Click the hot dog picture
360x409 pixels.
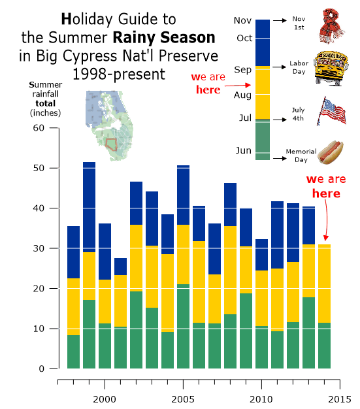coord(330,153)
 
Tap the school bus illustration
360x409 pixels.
coord(331,69)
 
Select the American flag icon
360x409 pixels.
coord(331,111)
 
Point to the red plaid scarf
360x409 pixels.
coord(331,26)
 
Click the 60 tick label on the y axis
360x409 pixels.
coord(39,128)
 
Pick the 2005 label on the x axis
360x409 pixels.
coord(183,399)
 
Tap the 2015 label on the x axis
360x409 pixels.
coord(340,399)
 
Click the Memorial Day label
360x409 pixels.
coord(301,155)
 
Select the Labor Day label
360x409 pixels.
coord(299,67)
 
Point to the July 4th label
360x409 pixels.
coord(298,114)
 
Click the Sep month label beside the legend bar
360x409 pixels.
coord(242,70)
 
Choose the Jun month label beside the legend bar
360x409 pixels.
coord(244,150)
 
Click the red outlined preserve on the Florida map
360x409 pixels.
coord(111,144)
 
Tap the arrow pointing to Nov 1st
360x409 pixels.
coord(280,20)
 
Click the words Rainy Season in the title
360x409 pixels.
coord(164,37)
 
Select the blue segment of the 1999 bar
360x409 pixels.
coord(90,207)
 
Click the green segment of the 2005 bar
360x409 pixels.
coord(184,326)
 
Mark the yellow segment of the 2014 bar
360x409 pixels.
coord(324,284)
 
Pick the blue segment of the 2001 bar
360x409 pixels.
coord(120,267)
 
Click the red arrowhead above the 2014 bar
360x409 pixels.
coord(326,238)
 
